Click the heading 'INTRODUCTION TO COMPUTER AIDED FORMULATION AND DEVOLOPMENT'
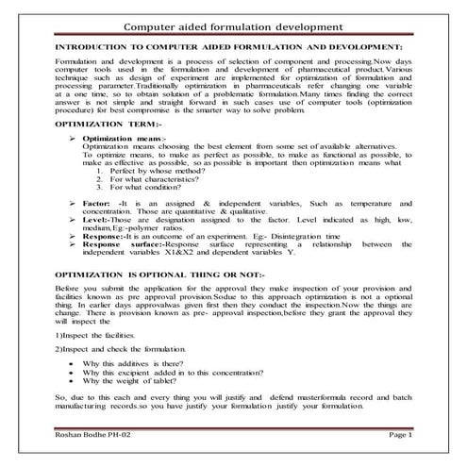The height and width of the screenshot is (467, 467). click(x=230, y=45)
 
